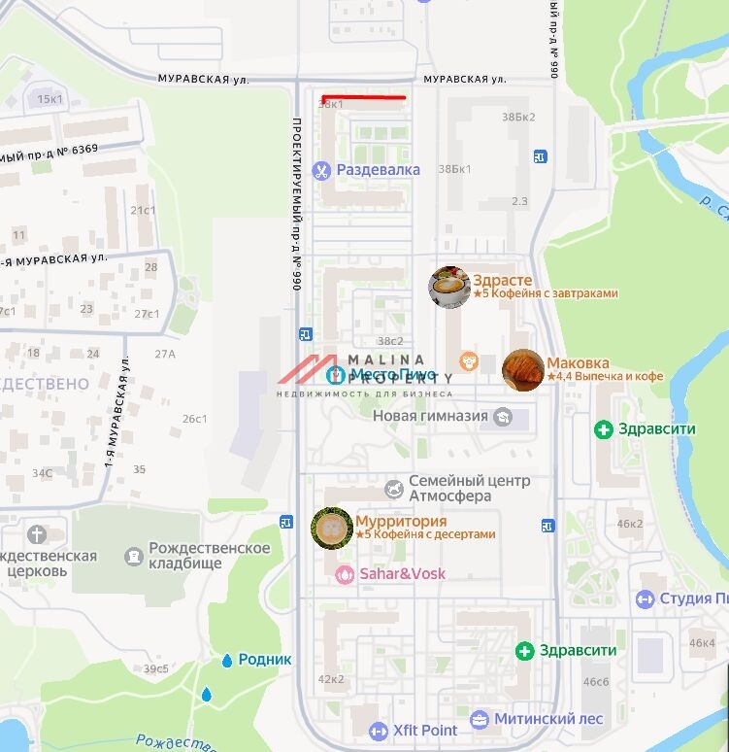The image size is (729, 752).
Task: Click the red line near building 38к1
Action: (x=363, y=97)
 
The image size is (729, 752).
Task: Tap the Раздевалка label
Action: (x=378, y=170)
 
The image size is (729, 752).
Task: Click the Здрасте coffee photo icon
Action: (x=449, y=287)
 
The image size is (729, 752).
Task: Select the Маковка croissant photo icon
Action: (x=523, y=370)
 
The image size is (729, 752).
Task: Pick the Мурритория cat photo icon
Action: (x=331, y=528)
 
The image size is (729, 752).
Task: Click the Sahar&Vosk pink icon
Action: (x=345, y=574)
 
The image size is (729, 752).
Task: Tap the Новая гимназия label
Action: (x=430, y=416)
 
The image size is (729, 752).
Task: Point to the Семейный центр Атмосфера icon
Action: (x=393, y=488)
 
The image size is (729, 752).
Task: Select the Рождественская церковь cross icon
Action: (x=37, y=534)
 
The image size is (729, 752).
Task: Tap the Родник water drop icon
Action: (x=227, y=660)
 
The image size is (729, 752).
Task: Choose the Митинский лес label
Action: (x=548, y=720)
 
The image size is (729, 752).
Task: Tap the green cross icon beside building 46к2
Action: (x=604, y=428)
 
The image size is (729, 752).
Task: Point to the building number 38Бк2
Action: (x=518, y=118)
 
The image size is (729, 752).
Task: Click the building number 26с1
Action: (x=195, y=419)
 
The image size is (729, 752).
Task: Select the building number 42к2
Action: (x=331, y=679)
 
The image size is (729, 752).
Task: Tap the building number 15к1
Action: (x=50, y=99)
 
